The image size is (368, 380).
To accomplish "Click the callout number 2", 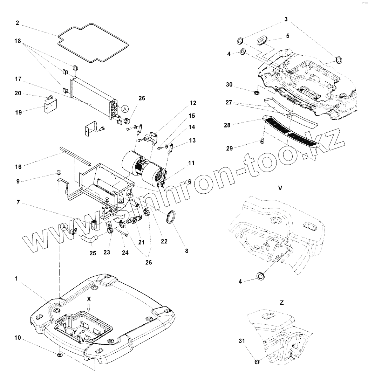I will [17, 23].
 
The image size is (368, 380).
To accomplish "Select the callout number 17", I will [18, 79].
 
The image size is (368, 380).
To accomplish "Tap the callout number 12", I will [193, 103].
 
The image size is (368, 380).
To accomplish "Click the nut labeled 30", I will [257, 93].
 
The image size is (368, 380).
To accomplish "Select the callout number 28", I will [227, 125].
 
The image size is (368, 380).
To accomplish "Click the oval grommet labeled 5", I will [261, 40].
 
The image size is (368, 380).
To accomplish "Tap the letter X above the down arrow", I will [89, 299].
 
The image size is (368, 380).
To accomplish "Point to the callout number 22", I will [164, 241].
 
